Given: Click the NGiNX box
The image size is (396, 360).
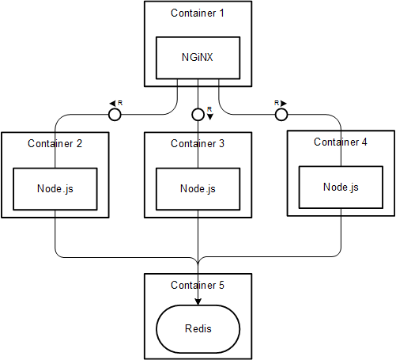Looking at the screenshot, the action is coord(198,58).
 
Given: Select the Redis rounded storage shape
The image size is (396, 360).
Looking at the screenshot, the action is coord(198,329).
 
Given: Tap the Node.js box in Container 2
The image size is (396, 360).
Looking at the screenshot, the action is coord(55,189).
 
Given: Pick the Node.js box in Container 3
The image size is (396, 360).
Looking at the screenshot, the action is coord(198,189).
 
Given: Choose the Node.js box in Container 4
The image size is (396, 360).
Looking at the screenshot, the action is coord(341,188).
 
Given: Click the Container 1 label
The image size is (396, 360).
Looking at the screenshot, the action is coord(198,13).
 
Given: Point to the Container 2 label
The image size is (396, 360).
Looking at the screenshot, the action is coord(55,143).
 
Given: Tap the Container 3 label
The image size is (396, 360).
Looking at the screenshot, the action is coord(198,143).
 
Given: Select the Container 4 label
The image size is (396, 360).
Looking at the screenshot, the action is coord(340,142).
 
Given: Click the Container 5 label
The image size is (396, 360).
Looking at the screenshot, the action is coord(198,285).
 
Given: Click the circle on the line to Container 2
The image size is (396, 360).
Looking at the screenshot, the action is coord(115,115).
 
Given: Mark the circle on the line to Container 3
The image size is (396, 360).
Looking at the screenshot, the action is coord(198,115).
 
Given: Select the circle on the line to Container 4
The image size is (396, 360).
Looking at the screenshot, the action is coord(281,115).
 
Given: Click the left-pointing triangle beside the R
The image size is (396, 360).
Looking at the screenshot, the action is coord(112,103).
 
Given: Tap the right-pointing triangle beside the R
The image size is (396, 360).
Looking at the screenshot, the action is coord(284,103).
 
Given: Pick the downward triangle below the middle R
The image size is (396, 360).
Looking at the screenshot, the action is coord(209,117).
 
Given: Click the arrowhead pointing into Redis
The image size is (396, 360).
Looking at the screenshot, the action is coord(198,302).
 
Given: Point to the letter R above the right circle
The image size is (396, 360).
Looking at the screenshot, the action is coord(277,103).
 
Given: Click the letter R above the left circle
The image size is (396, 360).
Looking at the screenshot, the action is coord(120,103).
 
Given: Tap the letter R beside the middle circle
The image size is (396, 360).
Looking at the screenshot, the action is coord(209,109).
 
